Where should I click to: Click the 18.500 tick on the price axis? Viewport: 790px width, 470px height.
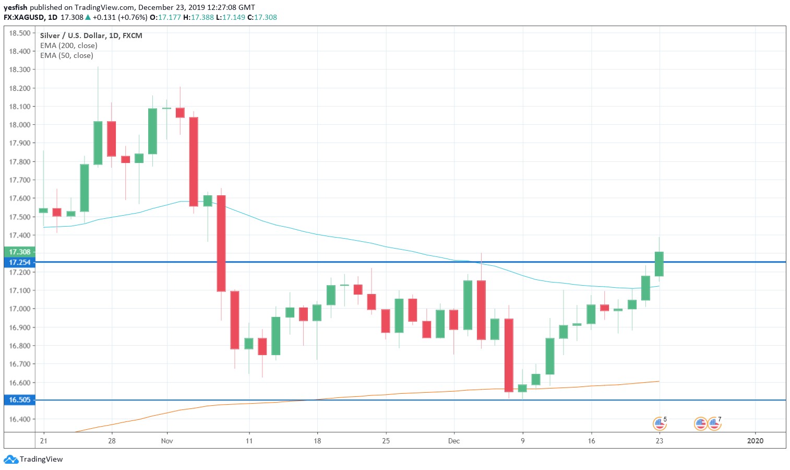(19, 33)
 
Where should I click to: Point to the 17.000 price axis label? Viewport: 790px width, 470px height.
(19, 309)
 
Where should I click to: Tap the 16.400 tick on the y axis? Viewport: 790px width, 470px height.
(19, 419)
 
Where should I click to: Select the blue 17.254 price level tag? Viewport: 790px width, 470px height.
(19, 262)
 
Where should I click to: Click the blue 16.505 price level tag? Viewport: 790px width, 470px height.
(19, 400)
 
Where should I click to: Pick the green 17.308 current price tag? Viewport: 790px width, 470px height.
(19, 252)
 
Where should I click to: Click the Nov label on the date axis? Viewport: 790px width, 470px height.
(167, 441)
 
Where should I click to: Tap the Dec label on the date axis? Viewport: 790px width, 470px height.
(454, 441)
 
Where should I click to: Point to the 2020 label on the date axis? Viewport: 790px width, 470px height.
(755, 441)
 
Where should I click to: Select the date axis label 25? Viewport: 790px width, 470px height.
(386, 441)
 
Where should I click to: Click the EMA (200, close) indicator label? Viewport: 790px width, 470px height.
(68, 45)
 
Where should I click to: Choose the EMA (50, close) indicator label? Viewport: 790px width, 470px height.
(66, 55)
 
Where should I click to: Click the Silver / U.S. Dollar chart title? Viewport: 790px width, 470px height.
(91, 36)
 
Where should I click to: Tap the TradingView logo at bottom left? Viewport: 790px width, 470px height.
(33, 460)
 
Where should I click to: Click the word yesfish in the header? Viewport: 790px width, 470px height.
(15, 7)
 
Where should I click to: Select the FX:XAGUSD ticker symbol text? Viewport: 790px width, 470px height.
(23, 17)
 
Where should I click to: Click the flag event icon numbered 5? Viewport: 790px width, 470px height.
(660, 424)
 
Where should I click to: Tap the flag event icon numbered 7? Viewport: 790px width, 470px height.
(714, 424)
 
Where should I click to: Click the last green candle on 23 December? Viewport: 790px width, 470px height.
(659, 264)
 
